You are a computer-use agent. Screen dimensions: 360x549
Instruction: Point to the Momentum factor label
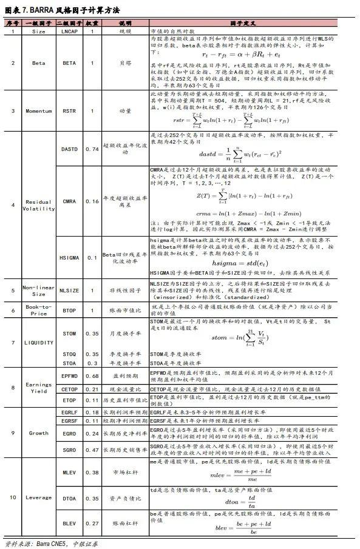38,111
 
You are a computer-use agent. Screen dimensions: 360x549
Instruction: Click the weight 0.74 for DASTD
92,149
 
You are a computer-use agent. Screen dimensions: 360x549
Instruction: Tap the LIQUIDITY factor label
38,343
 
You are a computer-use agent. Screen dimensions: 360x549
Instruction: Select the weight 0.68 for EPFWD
92,376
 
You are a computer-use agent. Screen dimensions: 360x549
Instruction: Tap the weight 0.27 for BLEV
92,522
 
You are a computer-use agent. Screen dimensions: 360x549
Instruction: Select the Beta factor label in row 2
38,62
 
